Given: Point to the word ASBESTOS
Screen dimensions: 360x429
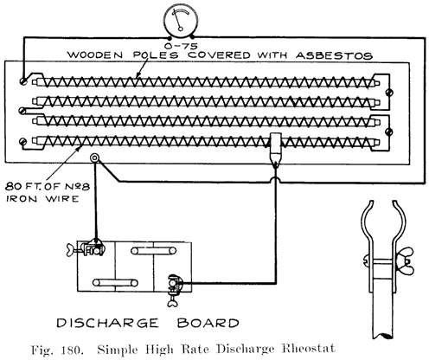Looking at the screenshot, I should coord(337,54).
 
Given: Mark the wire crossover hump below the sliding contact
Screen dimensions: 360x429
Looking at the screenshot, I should coord(275,178).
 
